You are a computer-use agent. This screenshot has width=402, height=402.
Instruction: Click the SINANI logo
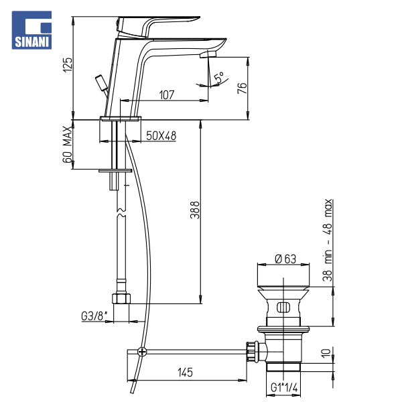[x=31, y=30]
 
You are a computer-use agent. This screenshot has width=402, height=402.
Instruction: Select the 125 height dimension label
[x=68, y=65]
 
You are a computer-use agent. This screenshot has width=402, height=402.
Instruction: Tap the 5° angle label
[x=220, y=77]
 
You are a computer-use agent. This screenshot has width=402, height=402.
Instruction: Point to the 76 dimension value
[x=242, y=88]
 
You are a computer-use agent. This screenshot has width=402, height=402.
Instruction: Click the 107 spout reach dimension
[x=167, y=95]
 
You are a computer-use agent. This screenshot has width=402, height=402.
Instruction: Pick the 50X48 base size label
[x=161, y=136]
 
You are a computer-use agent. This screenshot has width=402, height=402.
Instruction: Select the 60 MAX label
[x=68, y=144]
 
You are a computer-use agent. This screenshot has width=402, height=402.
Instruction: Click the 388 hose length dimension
[x=195, y=210]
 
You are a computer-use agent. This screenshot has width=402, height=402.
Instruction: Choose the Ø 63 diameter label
[x=285, y=259]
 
